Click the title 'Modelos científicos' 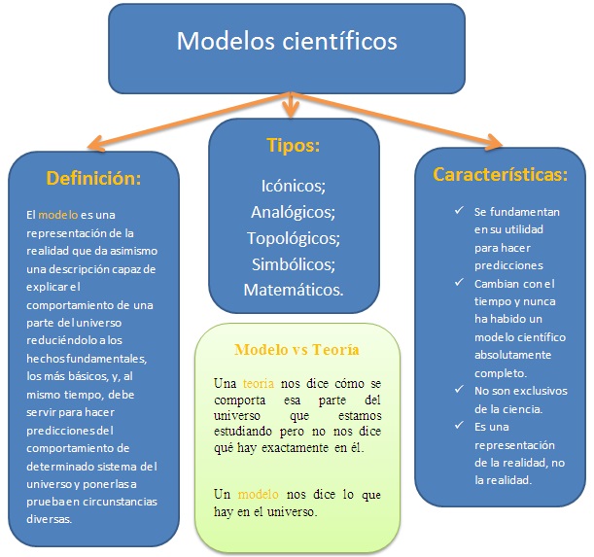point(287,43)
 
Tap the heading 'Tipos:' point(293,147)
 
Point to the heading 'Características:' point(501,175)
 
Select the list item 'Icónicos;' point(294,185)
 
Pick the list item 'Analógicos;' point(293,211)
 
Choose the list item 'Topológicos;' point(293,237)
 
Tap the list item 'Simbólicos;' point(293,263)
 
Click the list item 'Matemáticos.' point(293,290)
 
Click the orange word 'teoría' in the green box point(258,384)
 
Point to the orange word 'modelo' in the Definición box point(57,215)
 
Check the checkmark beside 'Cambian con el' point(457,283)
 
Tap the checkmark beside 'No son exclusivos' point(457,389)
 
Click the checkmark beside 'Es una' point(457,425)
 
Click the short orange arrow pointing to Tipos point(290,104)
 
